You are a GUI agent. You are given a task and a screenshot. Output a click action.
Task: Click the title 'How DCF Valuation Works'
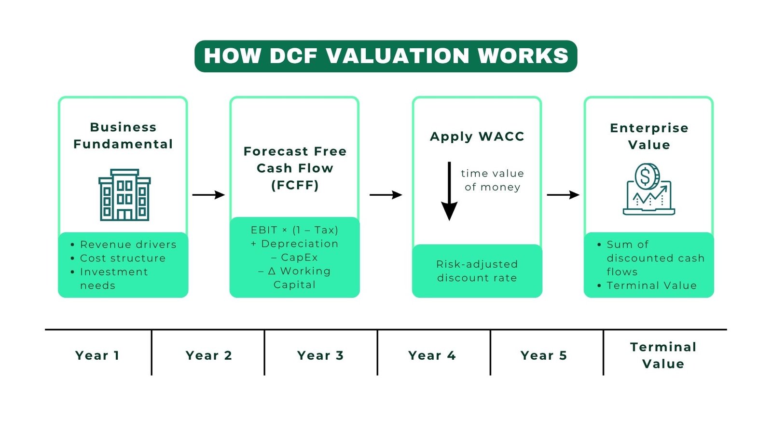pyautogui.click(x=386, y=56)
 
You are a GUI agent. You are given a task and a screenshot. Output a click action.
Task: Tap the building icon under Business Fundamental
pyautogui.click(x=124, y=195)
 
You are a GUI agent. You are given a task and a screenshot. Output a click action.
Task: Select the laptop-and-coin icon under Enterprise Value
pyautogui.click(x=648, y=190)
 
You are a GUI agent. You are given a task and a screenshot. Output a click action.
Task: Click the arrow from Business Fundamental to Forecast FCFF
pyautogui.click(x=208, y=195)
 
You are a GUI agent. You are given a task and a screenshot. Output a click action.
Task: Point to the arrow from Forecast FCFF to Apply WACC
pyautogui.click(x=386, y=195)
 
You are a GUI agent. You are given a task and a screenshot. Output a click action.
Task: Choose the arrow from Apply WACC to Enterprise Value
pyautogui.click(x=563, y=195)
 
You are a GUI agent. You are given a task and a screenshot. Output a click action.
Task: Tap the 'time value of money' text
pyautogui.click(x=492, y=180)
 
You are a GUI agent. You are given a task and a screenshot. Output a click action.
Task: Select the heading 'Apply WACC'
pyautogui.click(x=477, y=136)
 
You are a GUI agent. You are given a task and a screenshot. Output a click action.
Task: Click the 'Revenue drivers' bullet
pyautogui.click(x=128, y=244)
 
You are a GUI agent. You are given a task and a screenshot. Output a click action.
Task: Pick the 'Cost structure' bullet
pyautogui.click(x=123, y=258)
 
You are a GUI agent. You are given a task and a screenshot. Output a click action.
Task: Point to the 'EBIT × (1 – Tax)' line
pyautogui.click(x=294, y=230)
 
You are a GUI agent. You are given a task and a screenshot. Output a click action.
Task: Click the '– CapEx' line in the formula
pyautogui.click(x=294, y=258)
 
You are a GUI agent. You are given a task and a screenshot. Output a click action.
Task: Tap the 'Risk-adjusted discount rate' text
pyautogui.click(x=477, y=271)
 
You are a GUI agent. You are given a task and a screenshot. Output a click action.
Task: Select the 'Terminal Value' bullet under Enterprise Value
pyautogui.click(x=651, y=285)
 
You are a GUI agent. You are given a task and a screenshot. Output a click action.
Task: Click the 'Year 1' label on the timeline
pyautogui.click(x=97, y=355)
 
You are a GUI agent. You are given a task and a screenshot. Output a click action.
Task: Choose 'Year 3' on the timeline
pyautogui.click(x=320, y=355)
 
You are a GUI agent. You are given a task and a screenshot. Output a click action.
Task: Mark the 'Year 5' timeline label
pyautogui.click(x=544, y=355)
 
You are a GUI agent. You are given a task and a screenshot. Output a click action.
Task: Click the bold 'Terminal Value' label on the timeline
pyautogui.click(x=663, y=355)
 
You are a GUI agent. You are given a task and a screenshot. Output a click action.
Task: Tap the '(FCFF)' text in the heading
pyautogui.click(x=295, y=185)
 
